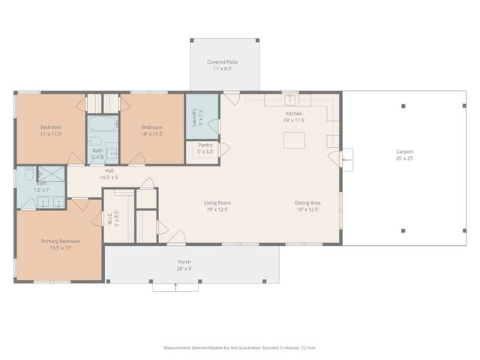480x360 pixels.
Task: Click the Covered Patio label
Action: pyautogui.click(x=222, y=61)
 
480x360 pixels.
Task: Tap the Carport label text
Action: pyautogui.click(x=404, y=151)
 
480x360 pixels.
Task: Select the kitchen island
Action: pyautogui.click(x=293, y=140)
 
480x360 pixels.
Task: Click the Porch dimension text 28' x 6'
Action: pyautogui.click(x=184, y=268)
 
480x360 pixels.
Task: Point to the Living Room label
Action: pyautogui.click(x=217, y=202)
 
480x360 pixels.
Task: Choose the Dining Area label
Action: pyautogui.click(x=307, y=202)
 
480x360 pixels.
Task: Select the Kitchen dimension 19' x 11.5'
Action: pyautogui.click(x=293, y=120)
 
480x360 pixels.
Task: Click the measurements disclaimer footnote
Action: pyautogui.click(x=239, y=347)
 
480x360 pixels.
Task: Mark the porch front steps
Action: pyautogui.click(x=176, y=286)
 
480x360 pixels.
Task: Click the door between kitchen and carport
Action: pyautogui.click(x=345, y=159)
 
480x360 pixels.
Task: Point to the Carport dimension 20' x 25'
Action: pyautogui.click(x=404, y=158)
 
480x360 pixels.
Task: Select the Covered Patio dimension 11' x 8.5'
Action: pyautogui.click(x=222, y=68)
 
